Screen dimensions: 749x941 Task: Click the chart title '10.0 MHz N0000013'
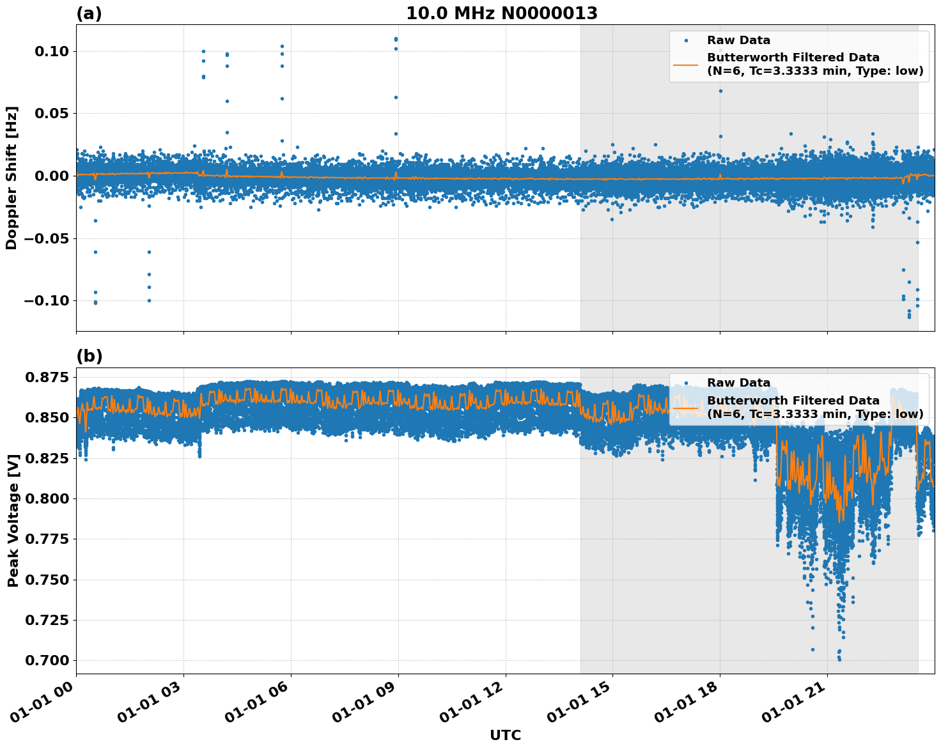coord(502,13)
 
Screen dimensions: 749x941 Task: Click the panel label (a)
coord(89,13)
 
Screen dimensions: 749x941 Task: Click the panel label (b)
coord(89,356)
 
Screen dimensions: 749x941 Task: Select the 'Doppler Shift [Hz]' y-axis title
coord(12,178)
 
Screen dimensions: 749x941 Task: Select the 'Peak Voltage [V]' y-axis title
coord(13,520)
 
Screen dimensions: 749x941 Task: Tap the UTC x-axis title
coord(505,735)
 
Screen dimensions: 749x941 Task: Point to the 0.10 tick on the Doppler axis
coord(51,51)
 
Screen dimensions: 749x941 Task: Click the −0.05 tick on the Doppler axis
coord(46,238)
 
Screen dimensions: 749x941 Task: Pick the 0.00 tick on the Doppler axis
coord(51,176)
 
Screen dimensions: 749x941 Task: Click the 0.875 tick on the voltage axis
coord(46,378)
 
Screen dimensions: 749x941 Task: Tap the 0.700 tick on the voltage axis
coord(46,660)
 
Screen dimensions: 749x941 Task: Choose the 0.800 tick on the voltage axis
coord(46,498)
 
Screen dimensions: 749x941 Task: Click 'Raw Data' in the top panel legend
coord(738,40)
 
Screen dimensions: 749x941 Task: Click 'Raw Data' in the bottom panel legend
coord(738,383)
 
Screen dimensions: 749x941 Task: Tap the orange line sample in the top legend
coord(686,65)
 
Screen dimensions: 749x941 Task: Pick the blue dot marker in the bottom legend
coord(686,383)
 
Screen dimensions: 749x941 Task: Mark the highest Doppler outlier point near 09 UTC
coord(396,39)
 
